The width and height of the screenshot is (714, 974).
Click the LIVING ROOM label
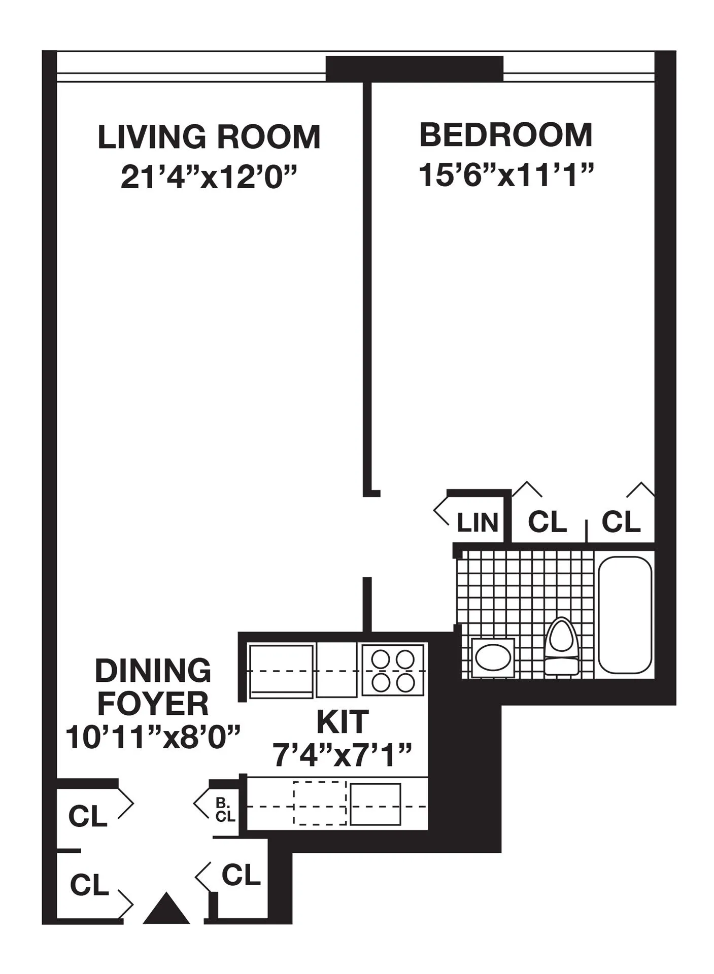(x=209, y=137)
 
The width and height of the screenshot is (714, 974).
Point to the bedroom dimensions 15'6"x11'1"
(x=506, y=175)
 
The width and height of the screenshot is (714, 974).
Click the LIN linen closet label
(x=478, y=523)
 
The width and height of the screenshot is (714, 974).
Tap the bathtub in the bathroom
(x=625, y=615)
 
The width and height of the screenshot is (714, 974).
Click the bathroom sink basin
(x=492, y=657)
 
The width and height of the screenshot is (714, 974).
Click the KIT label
(x=343, y=722)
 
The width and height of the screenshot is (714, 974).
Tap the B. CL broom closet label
(x=225, y=810)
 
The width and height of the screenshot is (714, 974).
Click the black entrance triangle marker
(x=166, y=908)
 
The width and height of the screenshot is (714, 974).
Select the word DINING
(x=153, y=671)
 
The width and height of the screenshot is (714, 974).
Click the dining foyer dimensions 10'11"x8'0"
(x=153, y=738)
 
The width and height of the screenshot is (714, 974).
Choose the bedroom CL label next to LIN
(x=547, y=522)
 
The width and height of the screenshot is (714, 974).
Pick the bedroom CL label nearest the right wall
(x=621, y=522)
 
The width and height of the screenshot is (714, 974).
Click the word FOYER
(x=153, y=704)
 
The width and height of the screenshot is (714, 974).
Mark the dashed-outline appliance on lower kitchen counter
(x=320, y=803)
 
